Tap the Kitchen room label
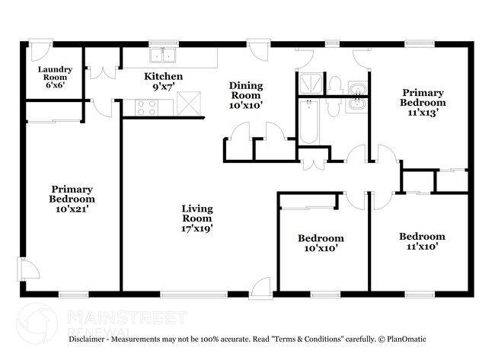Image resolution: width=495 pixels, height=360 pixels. click(x=164, y=76)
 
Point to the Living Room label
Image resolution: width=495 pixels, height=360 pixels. click(x=196, y=213)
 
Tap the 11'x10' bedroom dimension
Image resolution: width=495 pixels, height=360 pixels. click(x=422, y=247)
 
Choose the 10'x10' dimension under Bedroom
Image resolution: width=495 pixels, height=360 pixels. click(x=320, y=248)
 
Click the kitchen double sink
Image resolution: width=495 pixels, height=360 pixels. click(x=163, y=55)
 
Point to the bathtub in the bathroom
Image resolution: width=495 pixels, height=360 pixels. click(x=308, y=122)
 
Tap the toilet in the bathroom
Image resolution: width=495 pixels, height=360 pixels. click(x=334, y=85)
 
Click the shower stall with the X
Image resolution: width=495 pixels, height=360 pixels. click(x=309, y=81)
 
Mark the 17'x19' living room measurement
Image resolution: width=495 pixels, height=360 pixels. click(x=196, y=227)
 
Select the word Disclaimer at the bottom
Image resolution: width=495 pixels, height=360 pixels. click(x=91, y=339)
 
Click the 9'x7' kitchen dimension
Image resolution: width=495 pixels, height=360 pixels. click(x=164, y=88)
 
